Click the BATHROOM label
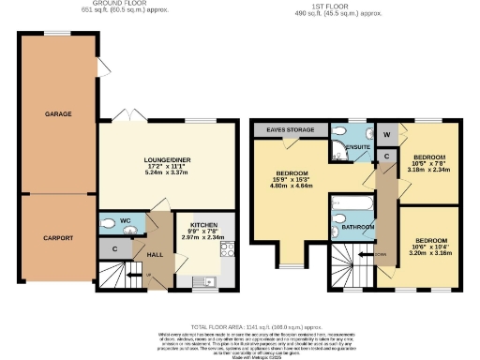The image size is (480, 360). coord(357,228)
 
